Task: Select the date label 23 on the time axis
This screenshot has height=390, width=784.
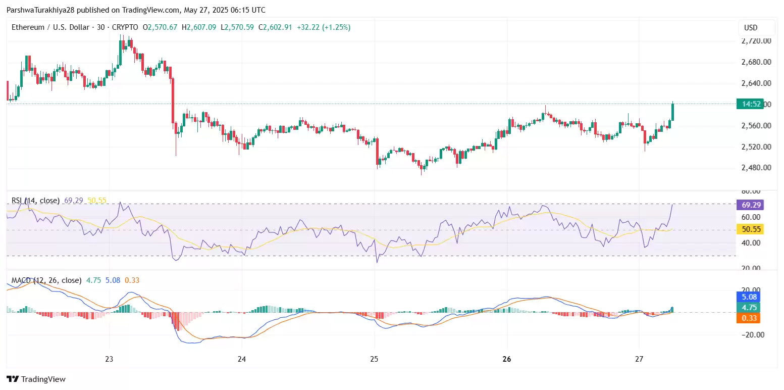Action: pyautogui.click(x=109, y=359)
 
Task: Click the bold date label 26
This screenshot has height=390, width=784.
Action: pyautogui.click(x=507, y=359)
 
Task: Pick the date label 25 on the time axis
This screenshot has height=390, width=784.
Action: pyautogui.click(x=374, y=359)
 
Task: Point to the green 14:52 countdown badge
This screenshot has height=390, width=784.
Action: pyautogui.click(x=749, y=105)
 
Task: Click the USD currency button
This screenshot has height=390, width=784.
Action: pyautogui.click(x=751, y=27)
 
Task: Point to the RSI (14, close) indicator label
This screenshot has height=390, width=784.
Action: pyautogui.click(x=35, y=201)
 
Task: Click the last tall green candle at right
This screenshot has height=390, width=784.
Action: pyautogui.click(x=673, y=112)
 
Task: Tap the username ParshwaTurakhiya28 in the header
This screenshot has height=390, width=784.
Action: pyautogui.click(x=41, y=10)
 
